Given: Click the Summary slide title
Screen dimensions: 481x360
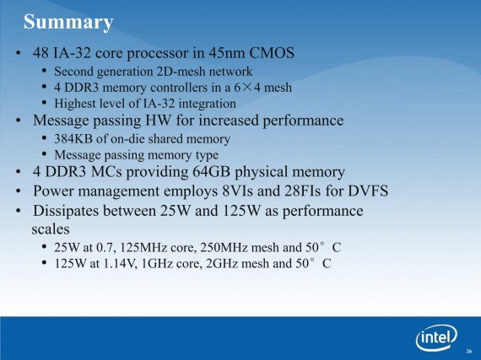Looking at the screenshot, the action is tap(68, 23).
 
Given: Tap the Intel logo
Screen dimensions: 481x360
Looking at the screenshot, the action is tap(436, 338).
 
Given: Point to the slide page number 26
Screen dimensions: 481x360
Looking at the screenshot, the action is tap(468, 351).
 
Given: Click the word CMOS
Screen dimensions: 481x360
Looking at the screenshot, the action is tap(272, 53).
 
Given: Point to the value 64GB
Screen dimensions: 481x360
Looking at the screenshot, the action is tap(211, 171).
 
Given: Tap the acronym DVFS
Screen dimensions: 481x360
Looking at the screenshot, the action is tap(368, 191).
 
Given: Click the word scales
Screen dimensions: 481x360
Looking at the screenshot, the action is tap(51, 228).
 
